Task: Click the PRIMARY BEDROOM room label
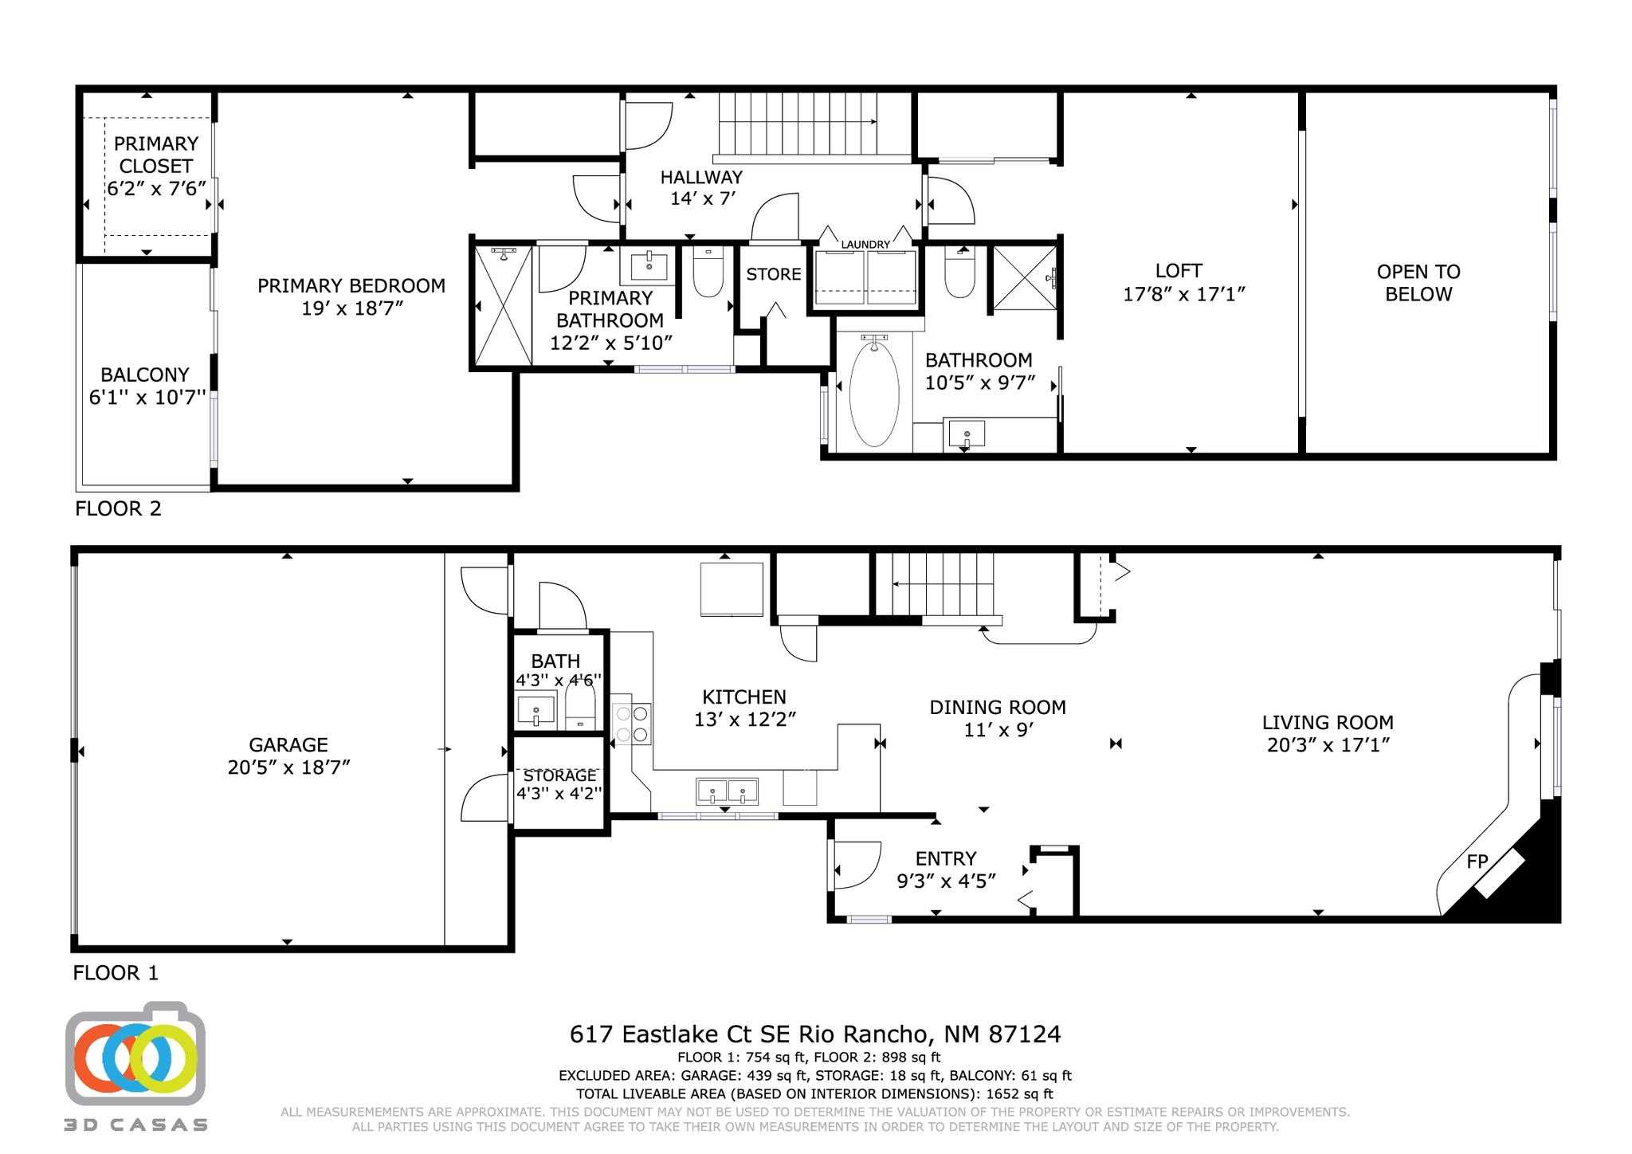[x=351, y=285]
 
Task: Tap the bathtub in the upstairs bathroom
[x=874, y=394]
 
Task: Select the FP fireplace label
[x=1477, y=862]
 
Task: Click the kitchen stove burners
[x=631, y=724]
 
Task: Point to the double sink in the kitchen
[x=728, y=792]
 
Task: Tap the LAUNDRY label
[x=865, y=245]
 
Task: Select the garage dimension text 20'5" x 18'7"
[x=288, y=767]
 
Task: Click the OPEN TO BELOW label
[x=1418, y=283]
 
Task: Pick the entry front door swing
[x=856, y=865]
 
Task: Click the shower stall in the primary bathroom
[x=503, y=306]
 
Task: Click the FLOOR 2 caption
[x=118, y=508]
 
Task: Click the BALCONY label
[x=145, y=375]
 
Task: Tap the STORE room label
[x=773, y=274]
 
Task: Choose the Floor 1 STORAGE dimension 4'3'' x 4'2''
[x=559, y=794]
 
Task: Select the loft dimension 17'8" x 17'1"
[x=1183, y=295]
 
